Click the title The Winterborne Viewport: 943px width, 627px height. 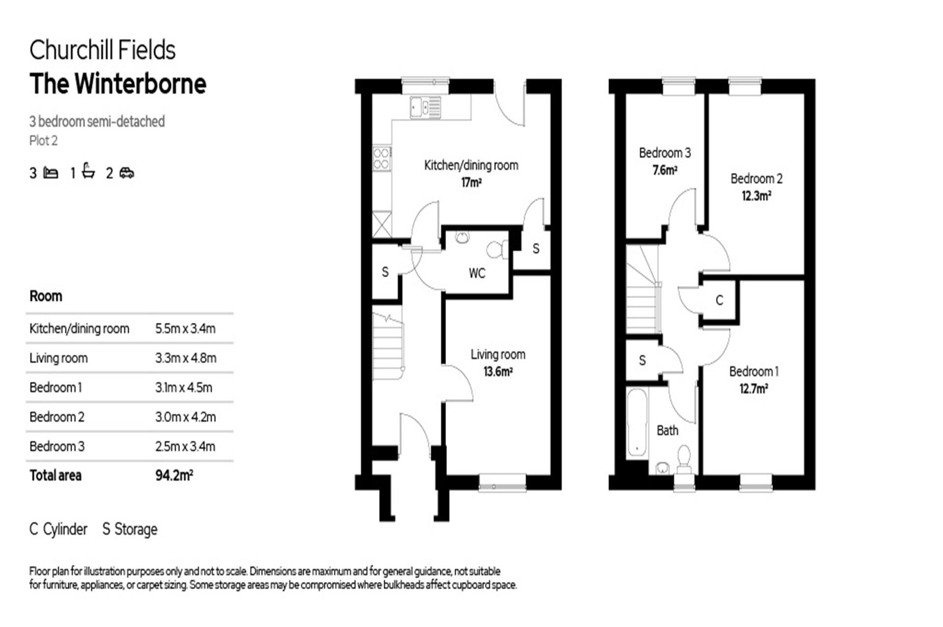tap(118, 84)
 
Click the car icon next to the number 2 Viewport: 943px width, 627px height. tap(127, 173)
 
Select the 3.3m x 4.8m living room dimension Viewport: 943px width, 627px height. tap(186, 358)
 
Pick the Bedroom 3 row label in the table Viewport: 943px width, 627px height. tap(57, 447)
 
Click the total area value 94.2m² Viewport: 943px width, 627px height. tap(174, 476)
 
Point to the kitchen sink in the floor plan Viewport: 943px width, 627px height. tap(425, 107)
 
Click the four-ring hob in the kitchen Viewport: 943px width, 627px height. tap(382, 158)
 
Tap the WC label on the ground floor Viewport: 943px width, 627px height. tap(476, 273)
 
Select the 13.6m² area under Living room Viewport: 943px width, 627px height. tap(498, 372)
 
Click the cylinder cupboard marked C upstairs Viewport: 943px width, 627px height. tap(719, 300)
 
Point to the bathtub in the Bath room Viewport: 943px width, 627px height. tap(637, 423)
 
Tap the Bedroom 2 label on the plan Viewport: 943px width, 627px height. tap(756, 179)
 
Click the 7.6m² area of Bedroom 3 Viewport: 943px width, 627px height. tap(665, 171)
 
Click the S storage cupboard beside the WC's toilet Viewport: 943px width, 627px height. tap(535, 249)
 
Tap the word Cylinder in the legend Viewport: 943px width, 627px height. tap(65, 530)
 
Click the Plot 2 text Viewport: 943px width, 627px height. tap(43, 141)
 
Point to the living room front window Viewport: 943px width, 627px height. tap(502, 483)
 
